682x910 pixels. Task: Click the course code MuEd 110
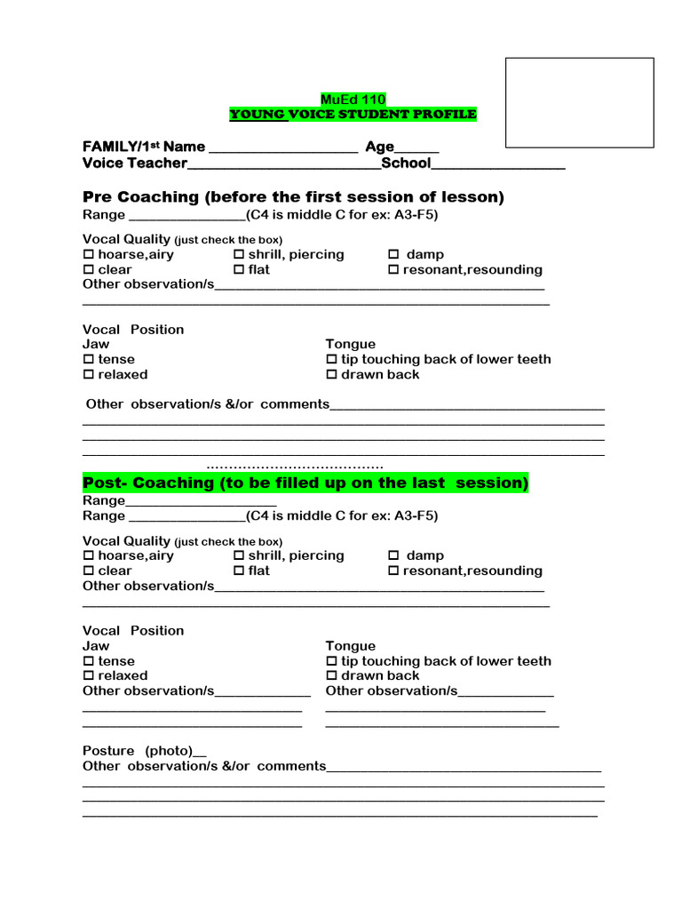click(x=353, y=99)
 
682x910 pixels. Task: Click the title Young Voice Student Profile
click(x=353, y=114)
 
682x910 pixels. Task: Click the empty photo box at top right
click(x=579, y=102)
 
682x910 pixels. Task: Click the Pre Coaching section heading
click(x=293, y=196)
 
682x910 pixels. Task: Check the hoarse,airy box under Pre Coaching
click(x=88, y=255)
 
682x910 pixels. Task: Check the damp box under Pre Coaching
click(x=393, y=255)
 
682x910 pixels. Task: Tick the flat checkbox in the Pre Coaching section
click(x=239, y=270)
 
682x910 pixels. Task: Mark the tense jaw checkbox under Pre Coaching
click(x=88, y=360)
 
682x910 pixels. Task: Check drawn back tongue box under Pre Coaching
click(x=332, y=375)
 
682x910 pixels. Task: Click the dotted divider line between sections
click(x=295, y=466)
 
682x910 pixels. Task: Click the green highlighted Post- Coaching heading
click(x=305, y=483)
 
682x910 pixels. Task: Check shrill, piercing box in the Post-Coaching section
click(x=239, y=556)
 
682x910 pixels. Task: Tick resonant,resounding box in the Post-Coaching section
click(x=393, y=571)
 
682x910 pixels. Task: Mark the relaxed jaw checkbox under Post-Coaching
click(x=88, y=676)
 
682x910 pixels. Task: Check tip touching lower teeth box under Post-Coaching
click(x=332, y=662)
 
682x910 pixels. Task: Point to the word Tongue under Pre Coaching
click(x=350, y=344)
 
